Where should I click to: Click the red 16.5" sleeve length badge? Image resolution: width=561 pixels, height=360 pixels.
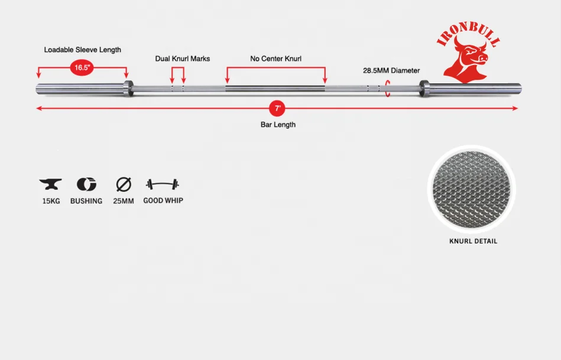pyautogui.click(x=82, y=67)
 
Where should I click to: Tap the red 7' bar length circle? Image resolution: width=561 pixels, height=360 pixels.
pyautogui.click(x=277, y=109)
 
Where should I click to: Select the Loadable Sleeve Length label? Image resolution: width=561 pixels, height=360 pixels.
pyautogui.click(x=83, y=50)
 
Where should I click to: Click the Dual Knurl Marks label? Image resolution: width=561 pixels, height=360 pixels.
pyautogui.click(x=183, y=59)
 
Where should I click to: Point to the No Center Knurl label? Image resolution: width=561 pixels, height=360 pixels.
pyautogui.click(x=276, y=59)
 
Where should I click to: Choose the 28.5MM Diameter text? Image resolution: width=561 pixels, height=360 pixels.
pyautogui.click(x=391, y=70)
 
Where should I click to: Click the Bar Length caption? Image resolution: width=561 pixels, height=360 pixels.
pyautogui.click(x=278, y=125)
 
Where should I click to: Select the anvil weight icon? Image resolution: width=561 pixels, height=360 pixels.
pyautogui.click(x=50, y=184)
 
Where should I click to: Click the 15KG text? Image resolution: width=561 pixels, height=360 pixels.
pyautogui.click(x=51, y=201)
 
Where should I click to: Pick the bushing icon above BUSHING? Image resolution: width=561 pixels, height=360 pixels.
pyautogui.click(x=86, y=184)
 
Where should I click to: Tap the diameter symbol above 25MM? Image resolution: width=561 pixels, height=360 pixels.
pyautogui.click(x=123, y=184)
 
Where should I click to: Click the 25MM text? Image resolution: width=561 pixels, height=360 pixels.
pyautogui.click(x=123, y=201)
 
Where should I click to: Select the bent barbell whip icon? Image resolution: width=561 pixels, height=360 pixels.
pyautogui.click(x=163, y=184)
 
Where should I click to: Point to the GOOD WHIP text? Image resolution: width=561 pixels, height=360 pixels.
pyautogui.click(x=163, y=201)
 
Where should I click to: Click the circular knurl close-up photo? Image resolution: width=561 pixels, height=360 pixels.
pyautogui.click(x=471, y=189)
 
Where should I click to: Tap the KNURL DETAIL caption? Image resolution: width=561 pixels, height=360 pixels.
pyautogui.click(x=474, y=241)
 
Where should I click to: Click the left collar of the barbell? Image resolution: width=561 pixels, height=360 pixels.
pyautogui.click(x=128, y=89)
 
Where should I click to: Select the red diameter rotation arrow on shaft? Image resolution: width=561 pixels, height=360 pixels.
pyautogui.click(x=388, y=89)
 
